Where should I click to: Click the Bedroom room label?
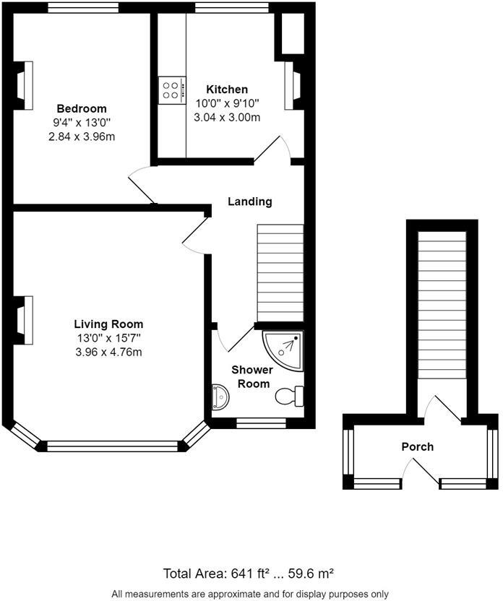(82, 108)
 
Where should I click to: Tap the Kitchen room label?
(227, 89)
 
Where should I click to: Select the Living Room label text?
(108, 324)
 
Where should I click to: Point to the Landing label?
(250, 202)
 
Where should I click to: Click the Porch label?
(418, 446)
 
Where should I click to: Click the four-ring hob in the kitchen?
(172, 90)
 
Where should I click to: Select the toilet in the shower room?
(291, 396)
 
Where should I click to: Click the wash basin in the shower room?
(220, 396)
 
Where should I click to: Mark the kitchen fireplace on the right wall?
(291, 86)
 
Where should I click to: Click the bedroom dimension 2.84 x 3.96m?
(82, 136)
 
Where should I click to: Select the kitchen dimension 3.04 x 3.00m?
(227, 117)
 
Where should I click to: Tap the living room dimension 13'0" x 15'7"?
(108, 338)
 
